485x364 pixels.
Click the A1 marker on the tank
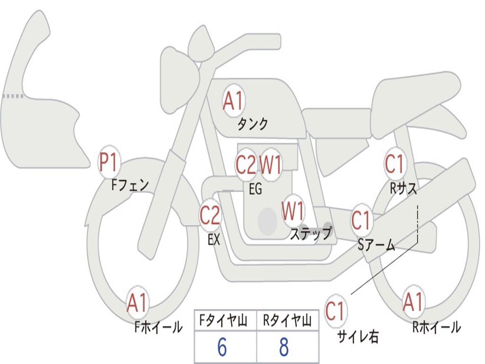point(233,101)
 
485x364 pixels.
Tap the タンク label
point(253,124)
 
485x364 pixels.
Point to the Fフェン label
point(130,184)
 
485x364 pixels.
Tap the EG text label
point(255,190)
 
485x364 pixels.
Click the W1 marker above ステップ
point(293,211)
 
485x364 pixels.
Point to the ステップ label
point(311,234)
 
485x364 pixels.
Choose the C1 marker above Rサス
point(395,164)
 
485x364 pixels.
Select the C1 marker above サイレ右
point(335,311)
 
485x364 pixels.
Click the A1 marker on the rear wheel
point(413,302)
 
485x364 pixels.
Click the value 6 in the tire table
point(222,348)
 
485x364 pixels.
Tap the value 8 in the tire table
point(284,348)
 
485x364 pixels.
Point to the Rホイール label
point(436,327)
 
